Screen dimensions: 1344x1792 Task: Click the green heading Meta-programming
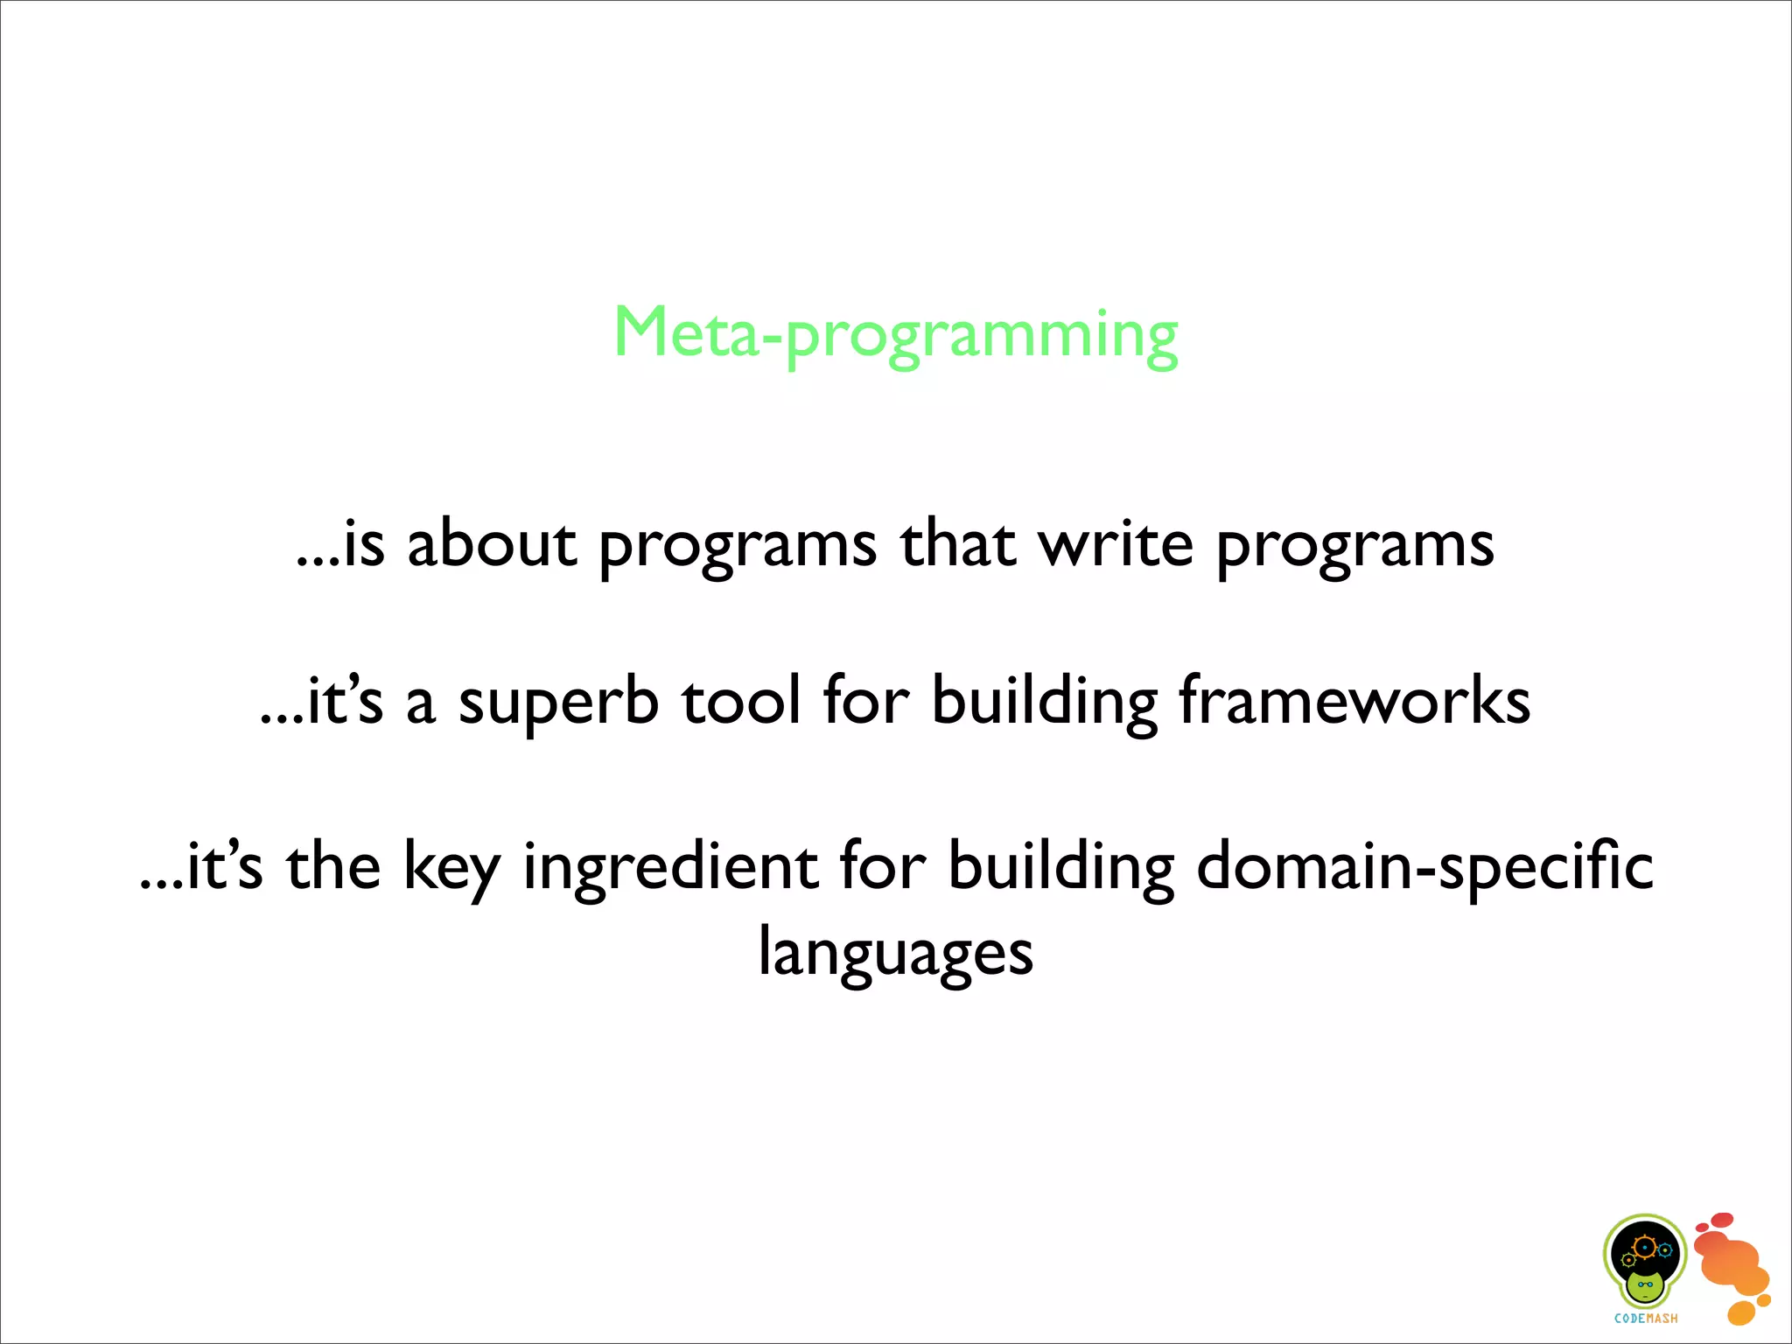point(896,334)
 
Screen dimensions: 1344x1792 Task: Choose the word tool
point(741,703)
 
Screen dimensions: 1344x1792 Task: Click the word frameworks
point(1354,703)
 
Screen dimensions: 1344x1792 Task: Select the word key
point(451,868)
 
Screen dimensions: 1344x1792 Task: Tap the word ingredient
point(669,868)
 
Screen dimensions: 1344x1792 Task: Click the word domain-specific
point(1424,868)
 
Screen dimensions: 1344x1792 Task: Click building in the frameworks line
point(1044,703)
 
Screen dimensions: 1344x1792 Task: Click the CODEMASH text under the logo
point(1646,1319)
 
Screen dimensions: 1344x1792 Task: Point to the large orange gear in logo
point(1645,1246)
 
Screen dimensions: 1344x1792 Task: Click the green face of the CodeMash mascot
point(1646,1287)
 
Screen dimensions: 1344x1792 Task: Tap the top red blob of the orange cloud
point(1721,1220)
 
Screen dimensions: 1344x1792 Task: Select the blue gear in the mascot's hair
point(1665,1250)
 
